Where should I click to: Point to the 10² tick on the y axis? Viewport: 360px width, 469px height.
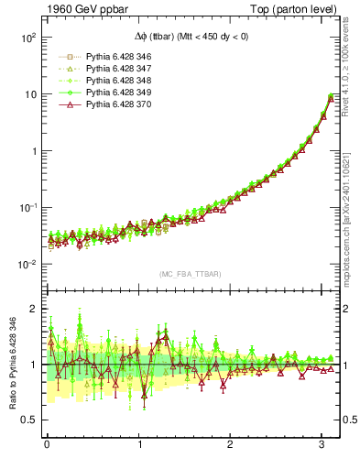(x=27, y=38)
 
